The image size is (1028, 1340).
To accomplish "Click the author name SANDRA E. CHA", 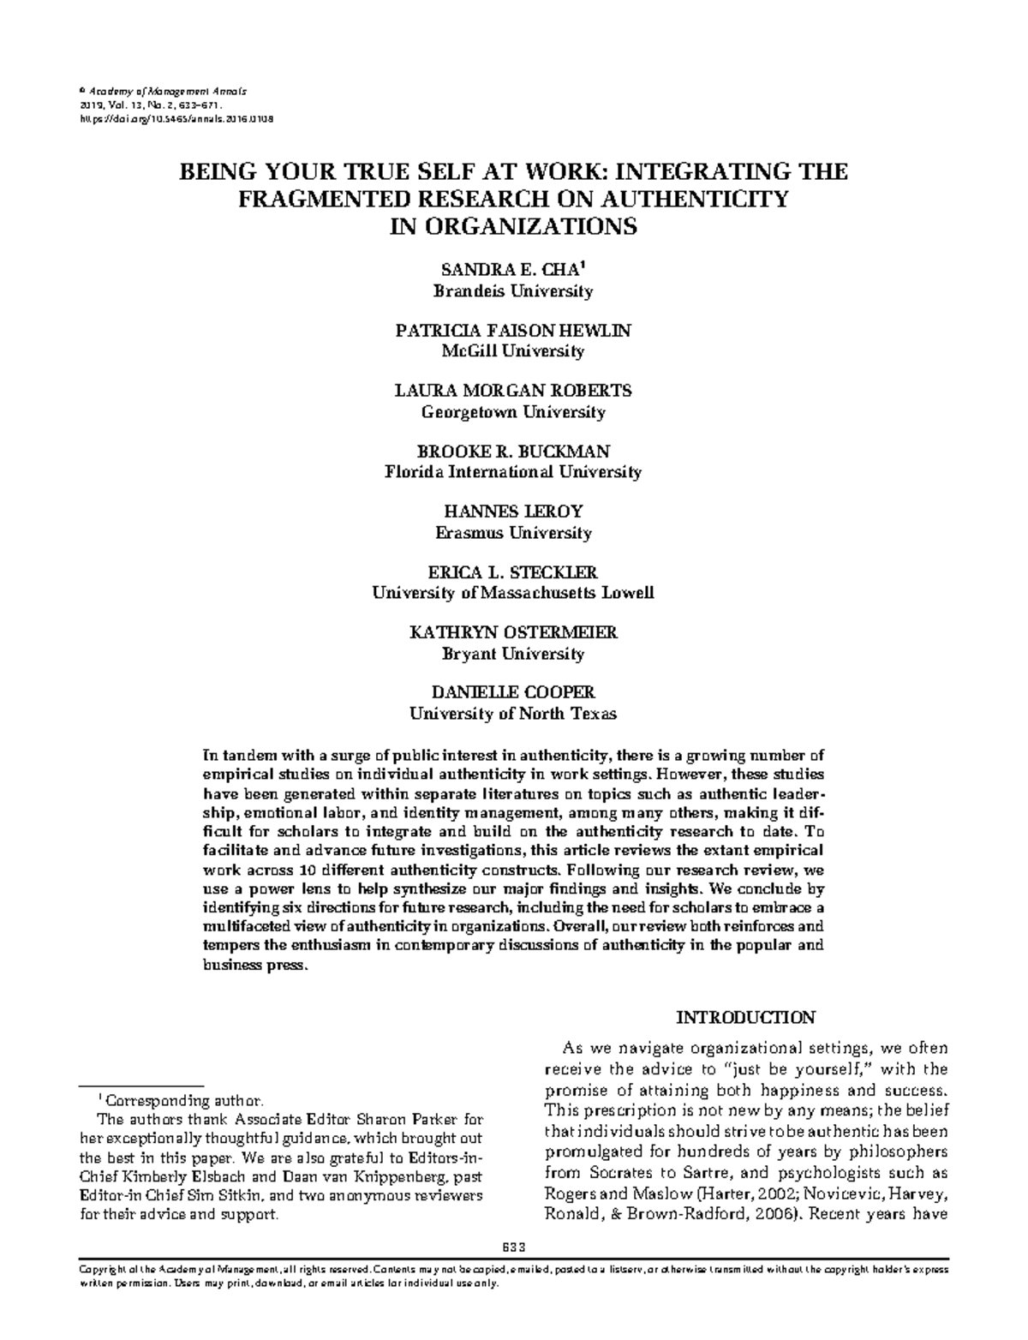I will click(x=511, y=270).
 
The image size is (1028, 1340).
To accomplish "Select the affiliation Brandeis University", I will click(x=512, y=291).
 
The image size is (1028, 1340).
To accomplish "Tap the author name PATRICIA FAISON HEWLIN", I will click(x=512, y=331).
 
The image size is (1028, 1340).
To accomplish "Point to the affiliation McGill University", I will click(x=512, y=351).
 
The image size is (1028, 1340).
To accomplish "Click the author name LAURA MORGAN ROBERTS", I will click(x=512, y=391).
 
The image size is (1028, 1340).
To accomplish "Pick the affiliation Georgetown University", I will click(x=512, y=412).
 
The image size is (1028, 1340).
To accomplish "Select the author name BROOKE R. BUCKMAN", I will click(x=512, y=452).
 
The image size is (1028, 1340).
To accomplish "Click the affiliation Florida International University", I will click(x=512, y=472).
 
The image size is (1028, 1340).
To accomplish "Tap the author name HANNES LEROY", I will click(x=512, y=511).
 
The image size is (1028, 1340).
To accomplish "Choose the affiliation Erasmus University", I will click(x=512, y=533).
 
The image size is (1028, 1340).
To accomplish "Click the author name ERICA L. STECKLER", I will click(x=512, y=572).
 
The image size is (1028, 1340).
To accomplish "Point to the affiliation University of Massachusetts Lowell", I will click(x=512, y=593).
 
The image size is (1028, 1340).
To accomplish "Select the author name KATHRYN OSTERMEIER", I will click(x=512, y=632).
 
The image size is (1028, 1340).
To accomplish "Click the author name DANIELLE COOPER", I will click(x=512, y=692).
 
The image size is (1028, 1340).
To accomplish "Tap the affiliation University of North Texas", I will click(x=512, y=714).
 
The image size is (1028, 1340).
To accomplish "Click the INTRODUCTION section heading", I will click(x=745, y=1018).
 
